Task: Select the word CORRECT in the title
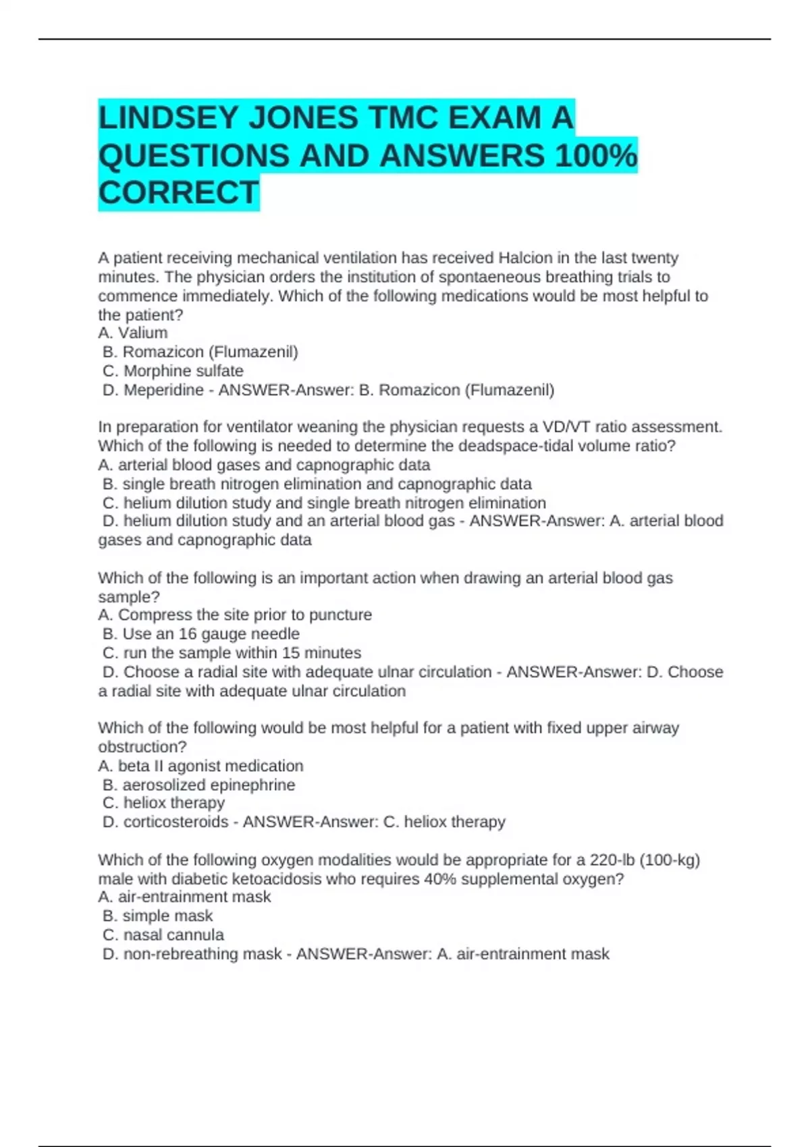178,193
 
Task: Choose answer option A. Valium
133,333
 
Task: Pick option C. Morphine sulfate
173,370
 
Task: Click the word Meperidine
163,389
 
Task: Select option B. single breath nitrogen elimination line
317,484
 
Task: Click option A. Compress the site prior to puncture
235,615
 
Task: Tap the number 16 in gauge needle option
188,634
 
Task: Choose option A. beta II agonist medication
200,766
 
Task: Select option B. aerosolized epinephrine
198,785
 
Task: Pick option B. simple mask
157,916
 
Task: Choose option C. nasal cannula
163,934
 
